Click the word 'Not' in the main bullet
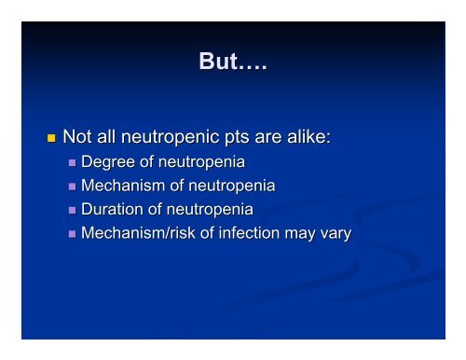[x=78, y=138]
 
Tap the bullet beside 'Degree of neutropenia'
[x=74, y=163]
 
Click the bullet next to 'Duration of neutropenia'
[x=74, y=211]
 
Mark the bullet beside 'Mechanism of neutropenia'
[x=74, y=187]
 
